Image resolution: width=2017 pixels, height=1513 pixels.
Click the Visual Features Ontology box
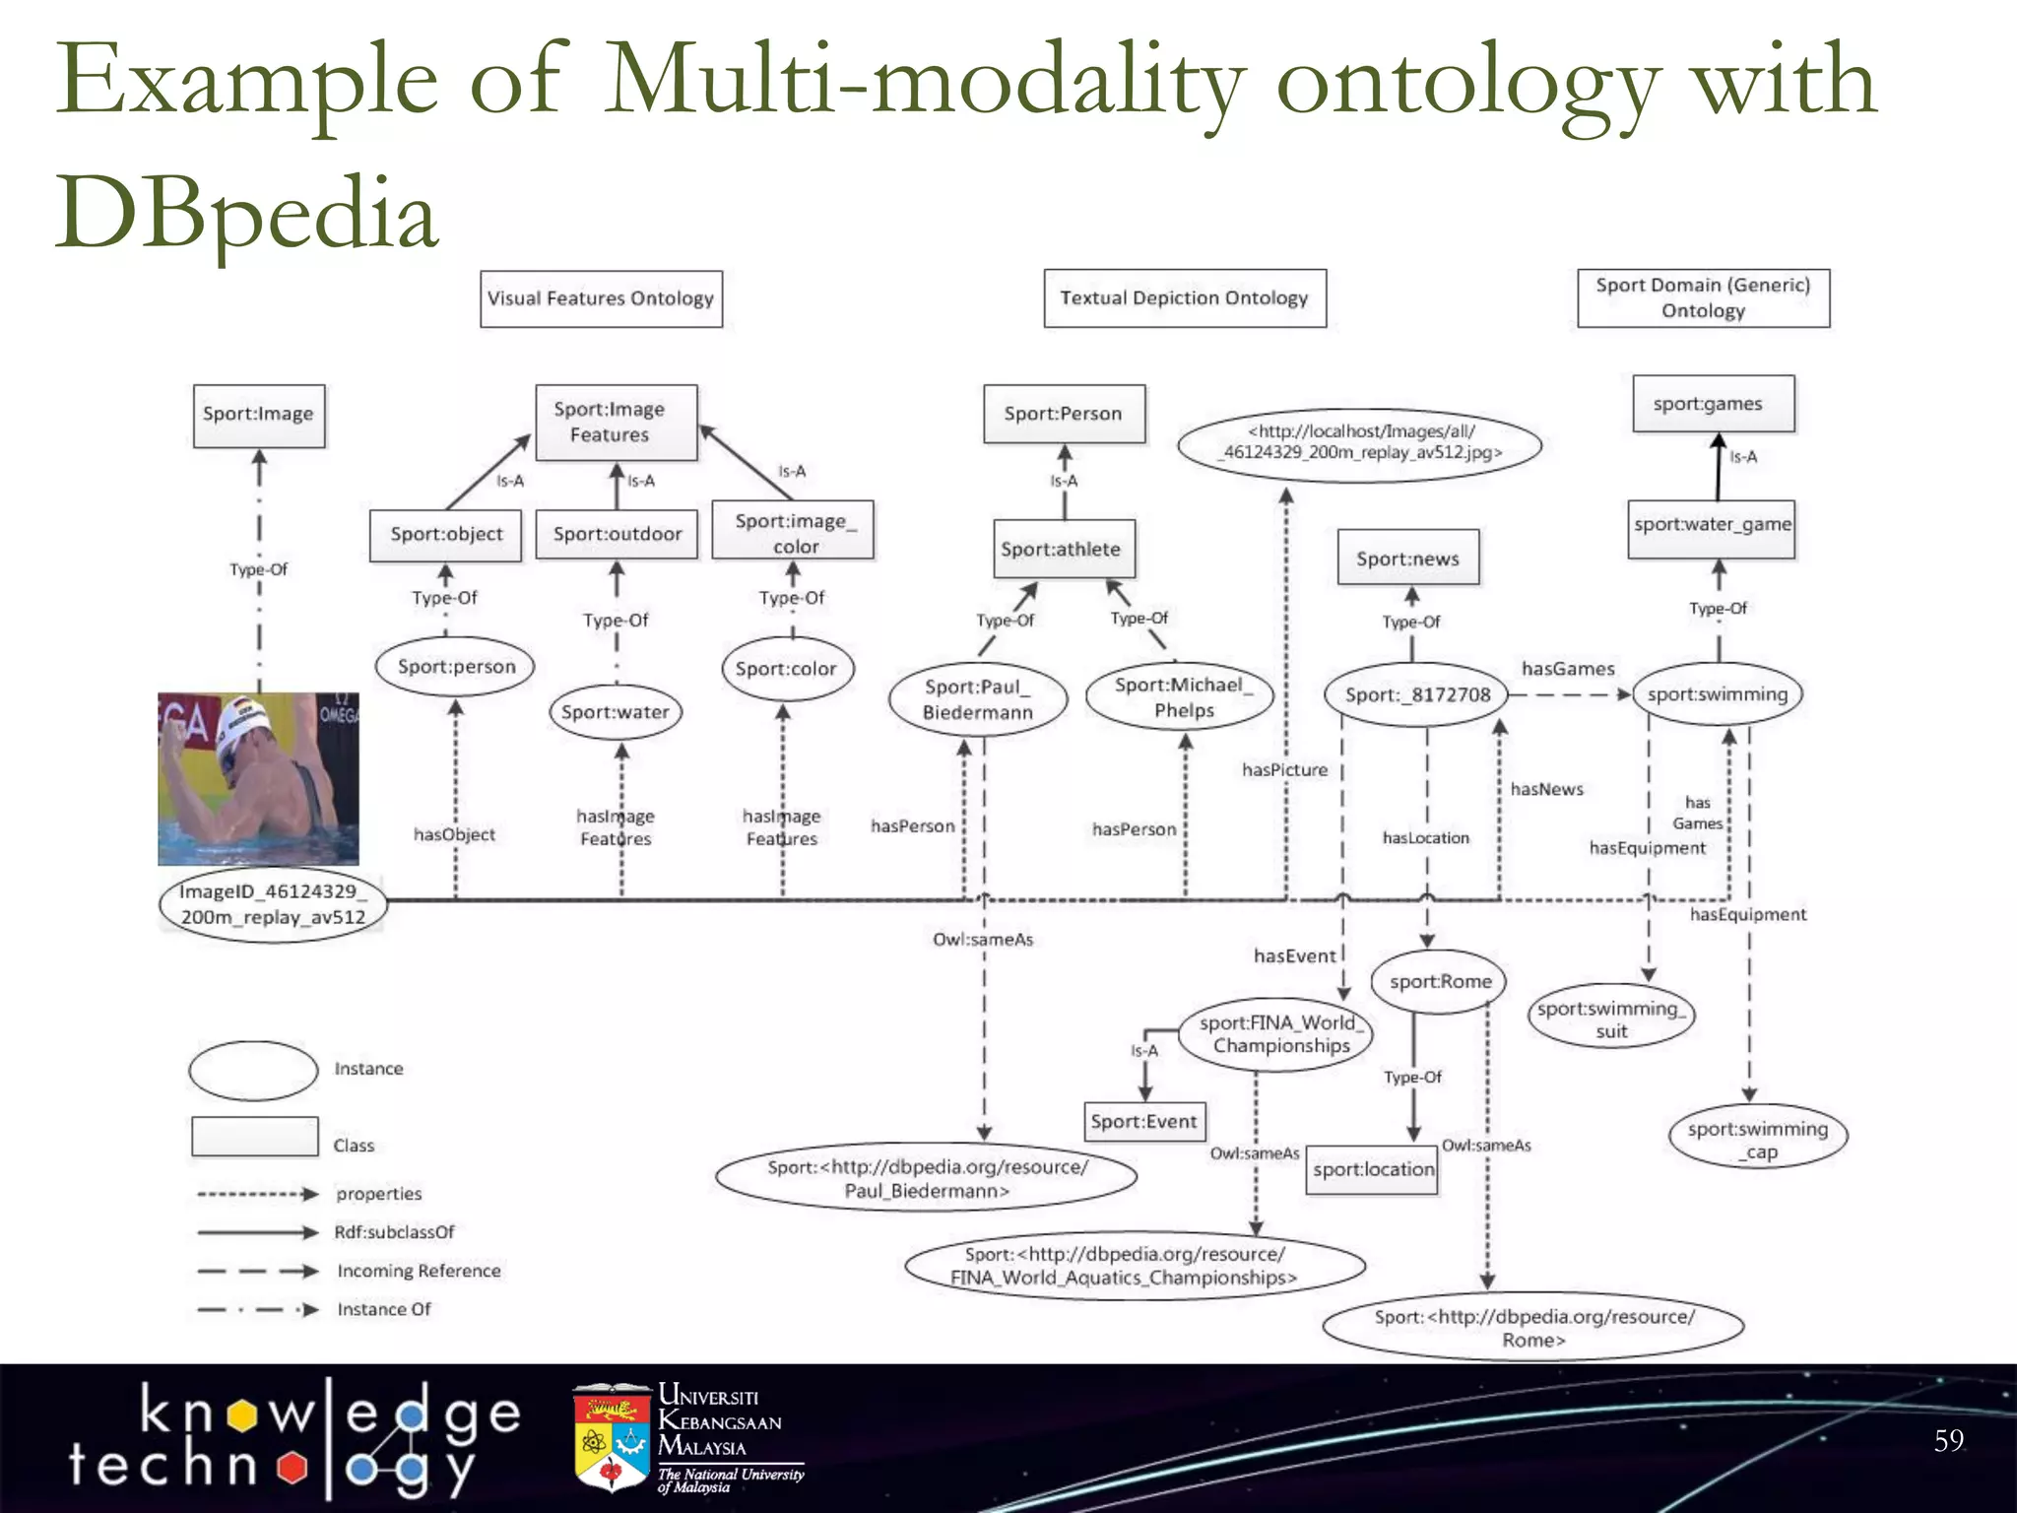pos(601,298)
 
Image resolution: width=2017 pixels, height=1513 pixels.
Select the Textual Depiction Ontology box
pos(1184,298)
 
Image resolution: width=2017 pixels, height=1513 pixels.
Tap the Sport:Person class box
pos(1064,414)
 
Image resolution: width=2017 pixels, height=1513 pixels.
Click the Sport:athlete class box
pos(1062,549)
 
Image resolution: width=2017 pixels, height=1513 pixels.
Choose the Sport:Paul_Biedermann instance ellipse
pos(977,699)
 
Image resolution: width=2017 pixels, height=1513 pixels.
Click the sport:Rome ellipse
pos(1440,981)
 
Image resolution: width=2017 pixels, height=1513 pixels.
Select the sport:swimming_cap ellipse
pos(1758,1140)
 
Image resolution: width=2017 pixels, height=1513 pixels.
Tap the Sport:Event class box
pos(1143,1122)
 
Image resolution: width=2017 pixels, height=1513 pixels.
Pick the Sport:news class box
pos(1407,559)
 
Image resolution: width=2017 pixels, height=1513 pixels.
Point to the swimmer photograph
pos(258,778)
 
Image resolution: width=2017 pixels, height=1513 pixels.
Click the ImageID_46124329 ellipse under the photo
pos(272,904)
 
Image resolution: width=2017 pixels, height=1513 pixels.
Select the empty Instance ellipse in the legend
pos(253,1071)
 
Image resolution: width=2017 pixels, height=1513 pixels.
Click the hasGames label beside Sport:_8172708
pos(1568,670)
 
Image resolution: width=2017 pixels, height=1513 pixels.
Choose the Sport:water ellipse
pos(616,712)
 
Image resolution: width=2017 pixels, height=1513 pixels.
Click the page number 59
pos(1948,1441)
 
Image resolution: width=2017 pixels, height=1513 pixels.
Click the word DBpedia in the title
pos(246,213)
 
